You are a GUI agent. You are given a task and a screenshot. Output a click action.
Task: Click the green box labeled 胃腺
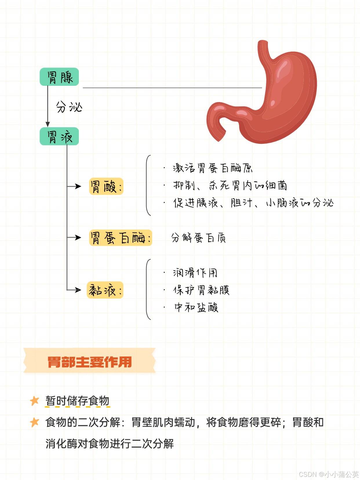[59, 77]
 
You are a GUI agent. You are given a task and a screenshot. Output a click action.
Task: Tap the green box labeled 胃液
[59, 136]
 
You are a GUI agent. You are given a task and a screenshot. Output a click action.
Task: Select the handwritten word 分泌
[69, 107]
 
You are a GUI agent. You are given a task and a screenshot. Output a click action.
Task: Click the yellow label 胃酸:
[106, 186]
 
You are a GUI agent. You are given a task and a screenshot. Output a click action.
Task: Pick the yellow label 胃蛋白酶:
[120, 238]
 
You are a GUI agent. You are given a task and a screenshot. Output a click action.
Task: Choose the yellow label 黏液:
[105, 290]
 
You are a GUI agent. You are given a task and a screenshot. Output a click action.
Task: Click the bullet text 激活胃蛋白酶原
[212, 168]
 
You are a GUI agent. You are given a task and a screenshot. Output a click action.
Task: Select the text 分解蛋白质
[198, 238]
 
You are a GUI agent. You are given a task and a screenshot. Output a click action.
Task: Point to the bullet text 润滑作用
[195, 272]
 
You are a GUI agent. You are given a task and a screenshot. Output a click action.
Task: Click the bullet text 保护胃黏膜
[201, 290]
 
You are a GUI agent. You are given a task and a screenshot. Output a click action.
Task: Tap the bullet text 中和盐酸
[196, 307]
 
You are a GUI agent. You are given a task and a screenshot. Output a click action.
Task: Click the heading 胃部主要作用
[90, 362]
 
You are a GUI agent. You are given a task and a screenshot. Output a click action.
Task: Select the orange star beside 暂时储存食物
[34, 401]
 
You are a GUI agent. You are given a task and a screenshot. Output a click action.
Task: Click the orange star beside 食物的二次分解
[34, 422]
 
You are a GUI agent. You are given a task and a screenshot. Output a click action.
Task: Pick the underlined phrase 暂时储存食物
[77, 401]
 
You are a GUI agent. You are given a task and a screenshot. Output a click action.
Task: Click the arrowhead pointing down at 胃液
[48, 124]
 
